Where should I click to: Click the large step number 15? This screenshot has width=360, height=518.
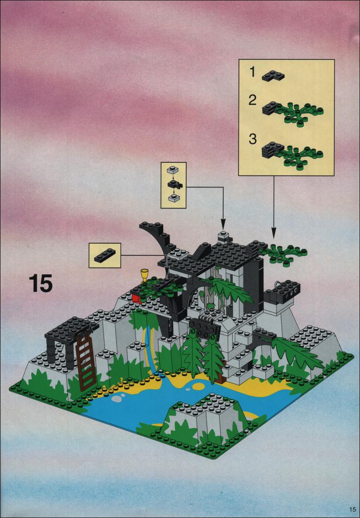40,283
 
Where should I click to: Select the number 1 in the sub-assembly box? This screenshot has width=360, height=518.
252,71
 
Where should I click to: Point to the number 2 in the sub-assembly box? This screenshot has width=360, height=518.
252,100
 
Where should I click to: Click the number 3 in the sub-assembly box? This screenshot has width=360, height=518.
252,139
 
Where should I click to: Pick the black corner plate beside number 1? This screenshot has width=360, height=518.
273,76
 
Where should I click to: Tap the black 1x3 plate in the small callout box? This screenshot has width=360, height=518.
105,255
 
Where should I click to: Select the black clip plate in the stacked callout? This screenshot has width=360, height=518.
174,184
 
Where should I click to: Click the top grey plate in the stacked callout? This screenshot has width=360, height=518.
173,170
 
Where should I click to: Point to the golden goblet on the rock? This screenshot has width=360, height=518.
144,276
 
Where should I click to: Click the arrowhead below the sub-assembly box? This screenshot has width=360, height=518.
274,235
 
